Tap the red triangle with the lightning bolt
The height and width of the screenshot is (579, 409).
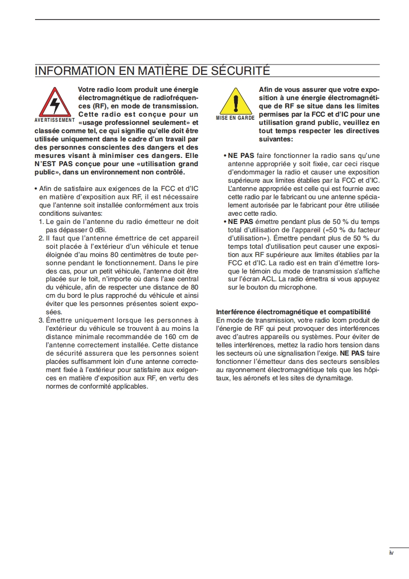pos(54,102)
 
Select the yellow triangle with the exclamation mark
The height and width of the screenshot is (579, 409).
pos(235,101)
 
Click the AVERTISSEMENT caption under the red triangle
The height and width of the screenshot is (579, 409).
pos(55,120)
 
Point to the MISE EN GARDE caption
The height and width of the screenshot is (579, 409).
pos(235,118)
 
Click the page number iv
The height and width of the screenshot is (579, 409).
pos(391,553)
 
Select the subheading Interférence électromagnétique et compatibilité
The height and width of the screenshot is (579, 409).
pos(293,312)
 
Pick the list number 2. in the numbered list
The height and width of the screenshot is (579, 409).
pos(41,238)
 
